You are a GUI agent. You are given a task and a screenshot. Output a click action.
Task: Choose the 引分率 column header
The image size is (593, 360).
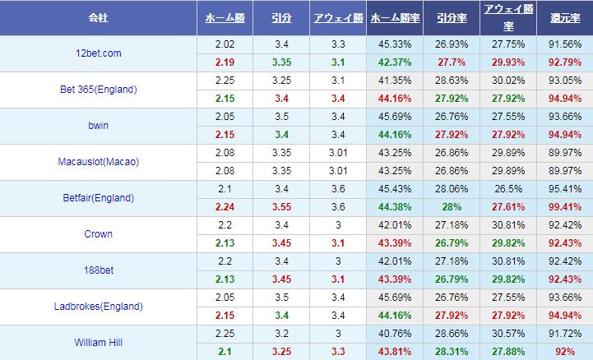click(x=452, y=16)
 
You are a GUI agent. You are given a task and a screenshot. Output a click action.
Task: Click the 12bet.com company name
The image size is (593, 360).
click(x=98, y=53)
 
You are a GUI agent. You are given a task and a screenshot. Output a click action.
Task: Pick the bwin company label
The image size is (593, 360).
click(x=98, y=126)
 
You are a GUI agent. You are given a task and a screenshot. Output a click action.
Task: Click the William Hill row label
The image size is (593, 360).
click(x=99, y=343)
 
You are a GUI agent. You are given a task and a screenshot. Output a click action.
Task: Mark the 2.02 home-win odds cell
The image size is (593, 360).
click(x=225, y=44)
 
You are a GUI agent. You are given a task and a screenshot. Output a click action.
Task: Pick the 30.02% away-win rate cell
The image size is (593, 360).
click(x=507, y=81)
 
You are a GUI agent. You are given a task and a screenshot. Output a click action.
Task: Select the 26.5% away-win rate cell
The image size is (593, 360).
click(x=507, y=189)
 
